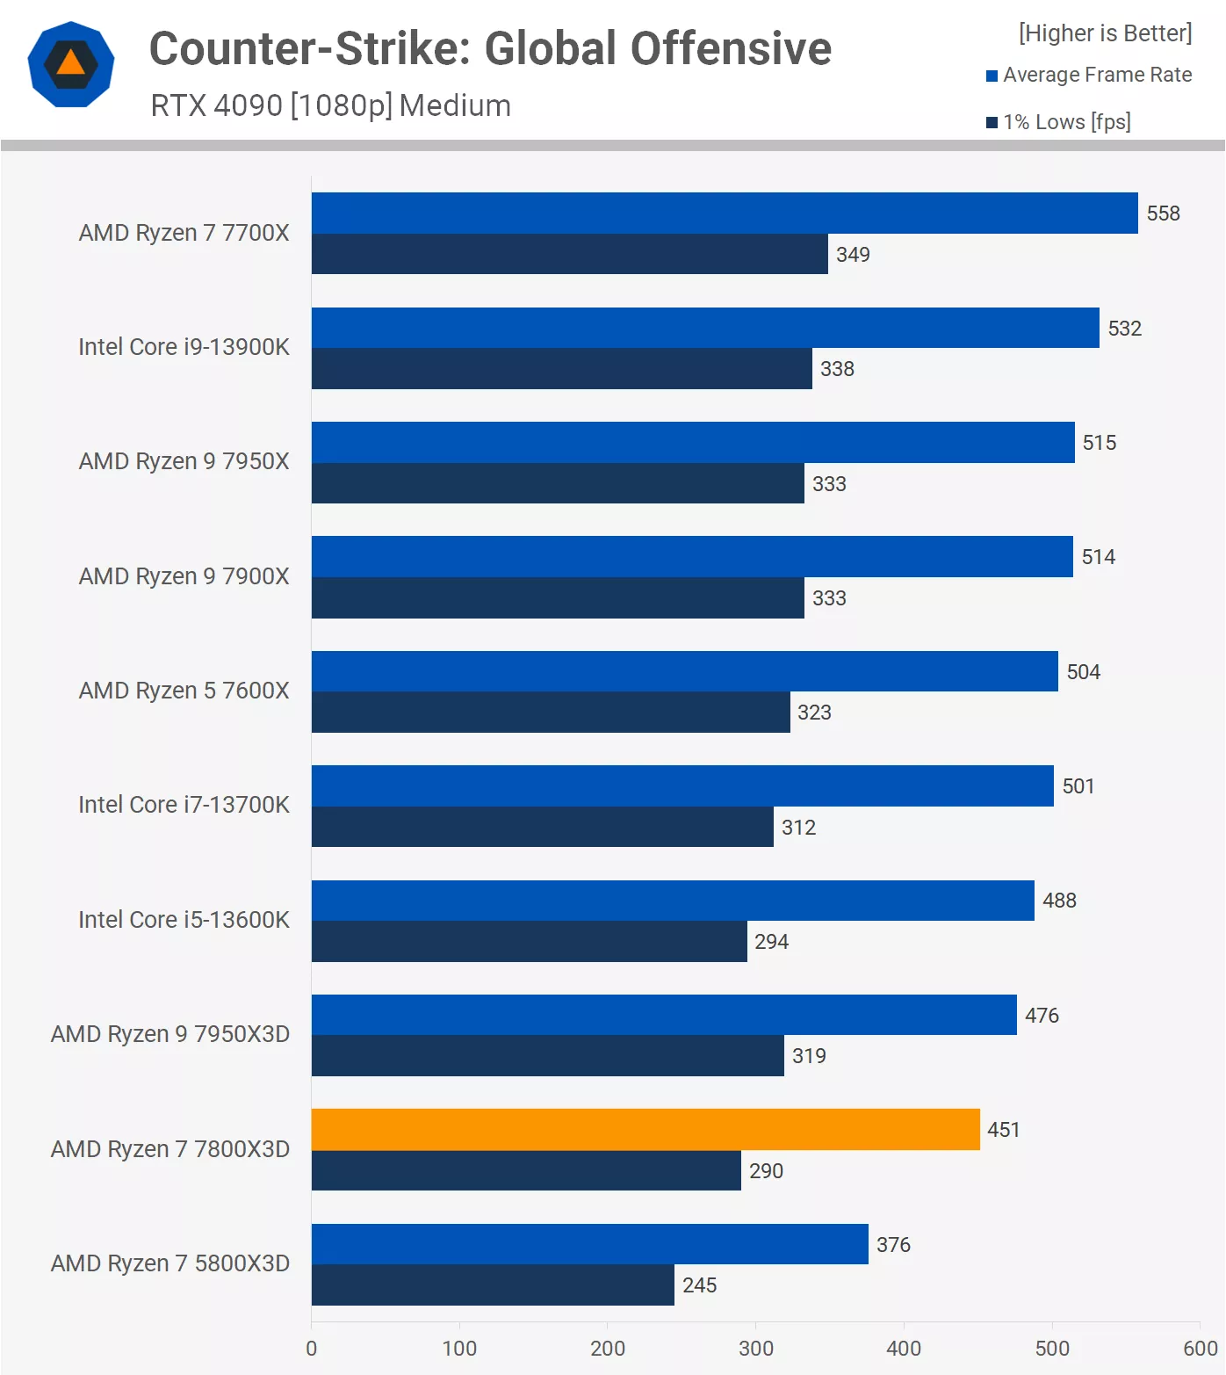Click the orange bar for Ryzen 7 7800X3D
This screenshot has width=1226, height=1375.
(645, 1129)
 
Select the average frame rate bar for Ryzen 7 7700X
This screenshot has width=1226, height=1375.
(725, 213)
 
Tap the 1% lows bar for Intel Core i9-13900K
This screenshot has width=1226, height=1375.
(562, 368)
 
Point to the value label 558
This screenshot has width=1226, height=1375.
(1163, 213)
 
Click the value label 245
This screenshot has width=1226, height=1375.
(700, 1285)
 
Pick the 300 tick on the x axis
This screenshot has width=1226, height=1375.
(755, 1349)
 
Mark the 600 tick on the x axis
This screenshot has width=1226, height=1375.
(1201, 1349)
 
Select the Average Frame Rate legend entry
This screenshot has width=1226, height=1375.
(1089, 76)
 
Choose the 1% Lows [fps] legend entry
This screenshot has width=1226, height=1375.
(1058, 122)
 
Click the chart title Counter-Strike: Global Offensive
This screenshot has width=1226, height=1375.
(490, 48)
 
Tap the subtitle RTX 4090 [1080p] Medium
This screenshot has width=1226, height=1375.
(330, 105)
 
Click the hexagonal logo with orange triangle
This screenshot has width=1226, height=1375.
(71, 64)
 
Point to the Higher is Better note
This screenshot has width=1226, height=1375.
(1105, 33)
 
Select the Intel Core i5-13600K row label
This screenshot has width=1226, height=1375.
(184, 920)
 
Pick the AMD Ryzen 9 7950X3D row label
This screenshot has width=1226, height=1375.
(170, 1034)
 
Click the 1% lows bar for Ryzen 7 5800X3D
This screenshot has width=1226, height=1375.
(493, 1285)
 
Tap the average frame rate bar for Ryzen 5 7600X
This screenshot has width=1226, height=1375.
(685, 671)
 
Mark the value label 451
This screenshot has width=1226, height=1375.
(1004, 1130)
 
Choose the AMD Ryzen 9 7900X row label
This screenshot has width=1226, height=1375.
(184, 576)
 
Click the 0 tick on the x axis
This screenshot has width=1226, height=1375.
(312, 1349)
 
